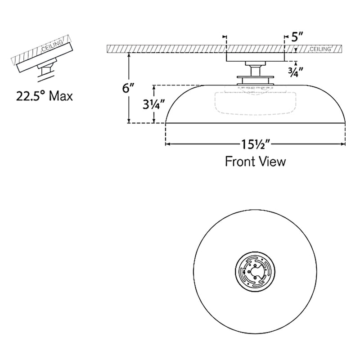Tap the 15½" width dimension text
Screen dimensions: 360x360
pos(255,144)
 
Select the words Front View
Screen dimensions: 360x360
pos(255,162)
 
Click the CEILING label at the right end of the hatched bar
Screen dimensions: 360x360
pos(321,48)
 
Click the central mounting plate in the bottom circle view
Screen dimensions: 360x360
pos(255,271)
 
